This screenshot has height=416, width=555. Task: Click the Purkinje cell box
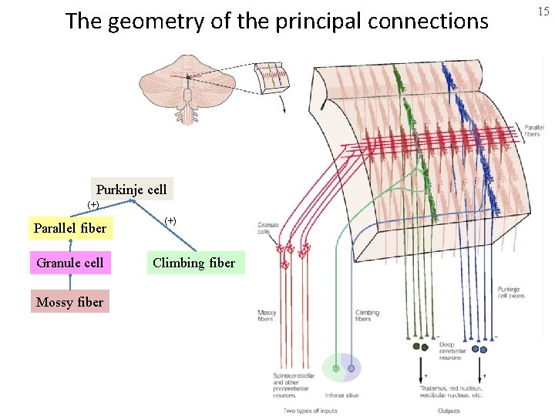tap(131, 189)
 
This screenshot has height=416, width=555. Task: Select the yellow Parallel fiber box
tap(70, 228)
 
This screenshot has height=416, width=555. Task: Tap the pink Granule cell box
tap(70, 263)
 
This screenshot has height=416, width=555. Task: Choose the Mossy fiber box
tap(69, 302)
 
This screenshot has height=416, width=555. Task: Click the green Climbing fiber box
tap(193, 263)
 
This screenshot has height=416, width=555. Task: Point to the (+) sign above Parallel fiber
tap(92, 205)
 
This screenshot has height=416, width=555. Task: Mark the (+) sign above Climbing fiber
tap(170, 221)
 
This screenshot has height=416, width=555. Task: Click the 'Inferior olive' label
tap(341, 395)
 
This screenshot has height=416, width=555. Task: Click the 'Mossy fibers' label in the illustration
tap(267, 316)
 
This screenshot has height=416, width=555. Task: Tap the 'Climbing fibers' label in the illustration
tap(366, 316)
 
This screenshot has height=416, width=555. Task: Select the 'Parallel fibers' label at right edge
tap(532, 130)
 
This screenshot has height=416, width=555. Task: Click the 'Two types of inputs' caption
tap(309, 411)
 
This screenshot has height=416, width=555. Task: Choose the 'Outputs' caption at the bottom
tap(449, 411)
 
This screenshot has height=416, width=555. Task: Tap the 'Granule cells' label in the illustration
tap(267, 228)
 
